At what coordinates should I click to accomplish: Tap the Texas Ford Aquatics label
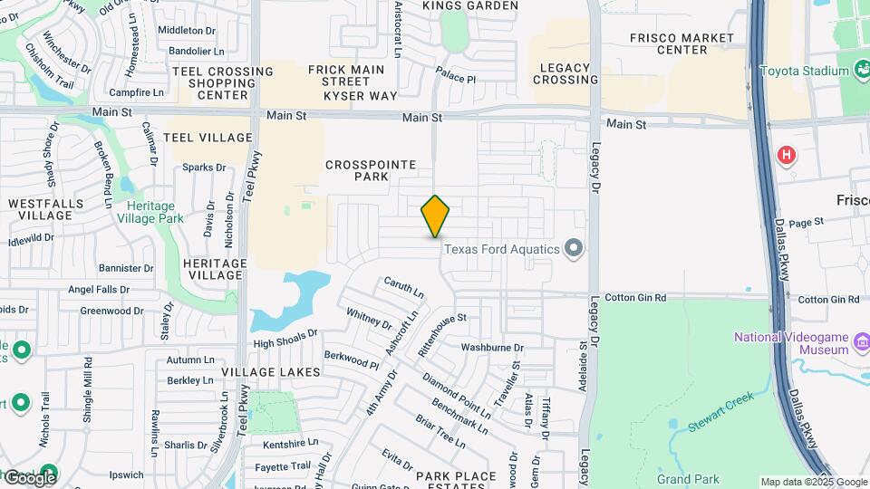[501, 249]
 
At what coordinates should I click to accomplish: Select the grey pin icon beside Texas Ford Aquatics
[573, 247]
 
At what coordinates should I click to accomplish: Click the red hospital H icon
[786, 155]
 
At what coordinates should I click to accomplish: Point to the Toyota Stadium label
[804, 71]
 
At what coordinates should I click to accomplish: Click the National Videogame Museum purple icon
[861, 343]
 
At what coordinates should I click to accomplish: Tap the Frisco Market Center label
[681, 43]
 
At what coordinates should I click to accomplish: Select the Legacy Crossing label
[565, 73]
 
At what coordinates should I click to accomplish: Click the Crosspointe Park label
[371, 170]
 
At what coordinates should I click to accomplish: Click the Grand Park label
[687, 478]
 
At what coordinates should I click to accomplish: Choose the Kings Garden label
[470, 5]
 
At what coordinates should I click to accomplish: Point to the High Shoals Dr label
[285, 339]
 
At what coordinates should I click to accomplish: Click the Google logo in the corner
[29, 477]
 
